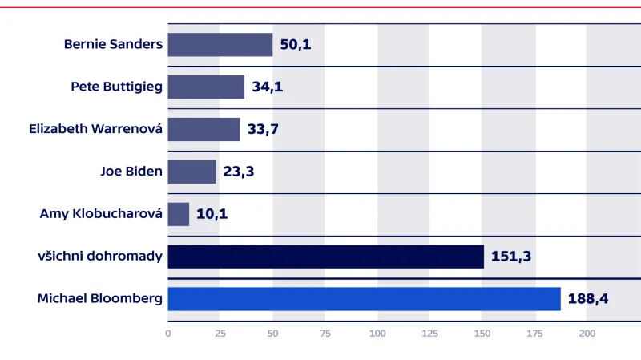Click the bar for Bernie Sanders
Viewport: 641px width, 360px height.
(220, 44)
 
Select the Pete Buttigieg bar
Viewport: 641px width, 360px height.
(206, 87)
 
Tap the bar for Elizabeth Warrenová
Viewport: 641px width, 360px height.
(204, 129)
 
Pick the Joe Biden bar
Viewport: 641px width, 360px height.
(191, 172)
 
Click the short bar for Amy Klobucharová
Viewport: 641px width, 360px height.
(178, 214)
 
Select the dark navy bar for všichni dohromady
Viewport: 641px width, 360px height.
(325, 257)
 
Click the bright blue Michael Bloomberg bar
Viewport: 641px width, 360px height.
(364, 299)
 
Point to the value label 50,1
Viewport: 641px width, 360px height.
(296, 44)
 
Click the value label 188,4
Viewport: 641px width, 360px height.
(589, 299)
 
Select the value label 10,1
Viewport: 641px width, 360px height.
(212, 214)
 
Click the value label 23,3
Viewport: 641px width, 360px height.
(239, 172)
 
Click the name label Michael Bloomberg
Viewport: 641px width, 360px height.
(100, 299)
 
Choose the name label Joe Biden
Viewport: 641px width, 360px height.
(131, 172)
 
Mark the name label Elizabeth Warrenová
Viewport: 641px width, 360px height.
(95, 129)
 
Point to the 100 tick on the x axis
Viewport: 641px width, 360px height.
(377, 334)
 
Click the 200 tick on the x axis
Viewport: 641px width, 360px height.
(587, 334)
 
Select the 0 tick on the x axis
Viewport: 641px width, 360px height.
(168, 334)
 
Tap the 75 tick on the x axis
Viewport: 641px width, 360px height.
(325, 334)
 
